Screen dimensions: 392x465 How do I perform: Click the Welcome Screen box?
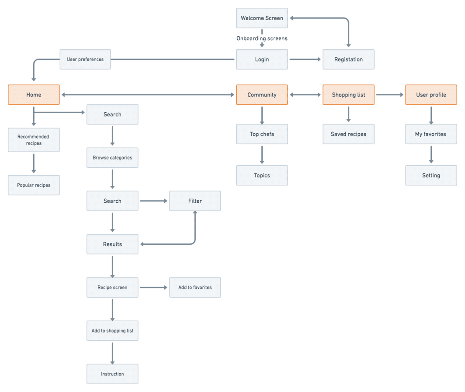tap(262, 18)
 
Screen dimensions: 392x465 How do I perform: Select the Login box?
tap(262, 59)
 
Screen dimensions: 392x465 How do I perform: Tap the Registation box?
tap(348, 59)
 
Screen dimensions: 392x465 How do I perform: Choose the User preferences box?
tap(85, 59)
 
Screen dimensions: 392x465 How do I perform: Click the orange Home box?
tap(34, 95)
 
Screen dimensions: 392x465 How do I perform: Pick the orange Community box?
tap(262, 95)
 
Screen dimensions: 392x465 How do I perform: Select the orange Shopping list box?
tap(348, 95)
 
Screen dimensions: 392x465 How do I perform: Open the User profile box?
tap(431, 95)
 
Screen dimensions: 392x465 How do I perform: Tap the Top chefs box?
tap(262, 134)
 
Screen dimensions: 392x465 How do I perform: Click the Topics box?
tap(262, 175)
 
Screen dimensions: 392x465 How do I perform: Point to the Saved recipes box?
tap(348, 134)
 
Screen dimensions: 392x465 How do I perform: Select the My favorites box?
tap(431, 134)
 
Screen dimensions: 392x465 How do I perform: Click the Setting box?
tap(431, 175)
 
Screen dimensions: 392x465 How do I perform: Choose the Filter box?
tap(195, 201)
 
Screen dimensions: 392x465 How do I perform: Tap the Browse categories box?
tap(112, 158)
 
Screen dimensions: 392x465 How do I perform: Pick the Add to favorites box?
tap(195, 288)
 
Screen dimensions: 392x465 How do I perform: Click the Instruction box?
tap(112, 374)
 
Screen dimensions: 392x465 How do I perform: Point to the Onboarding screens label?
tap(262, 38)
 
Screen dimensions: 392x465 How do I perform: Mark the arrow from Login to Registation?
tap(305, 59)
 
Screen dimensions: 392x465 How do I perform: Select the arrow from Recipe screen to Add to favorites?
tap(153, 288)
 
